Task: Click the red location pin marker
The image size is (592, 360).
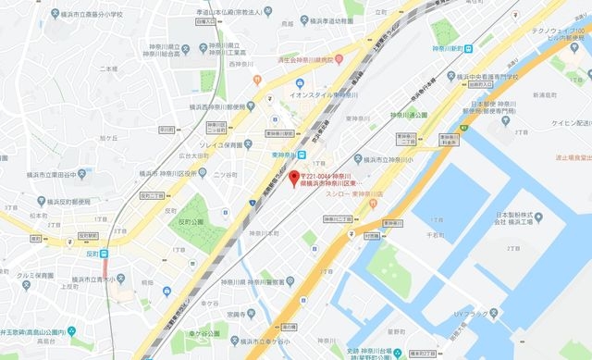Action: [295, 177]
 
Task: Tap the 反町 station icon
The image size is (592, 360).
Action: [105, 252]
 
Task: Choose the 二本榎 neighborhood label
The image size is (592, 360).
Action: [108, 68]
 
